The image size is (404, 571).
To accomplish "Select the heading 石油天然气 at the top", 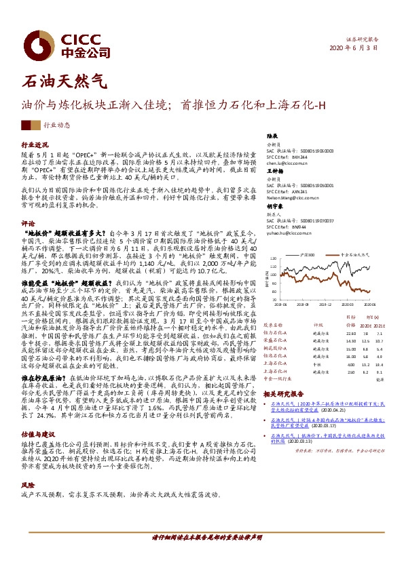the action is [x=65, y=82].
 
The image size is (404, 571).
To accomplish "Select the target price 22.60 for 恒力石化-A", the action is [x=331, y=333].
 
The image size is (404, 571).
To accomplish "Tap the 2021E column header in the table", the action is [x=379, y=324].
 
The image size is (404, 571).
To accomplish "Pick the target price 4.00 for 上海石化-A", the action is [x=331, y=363].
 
